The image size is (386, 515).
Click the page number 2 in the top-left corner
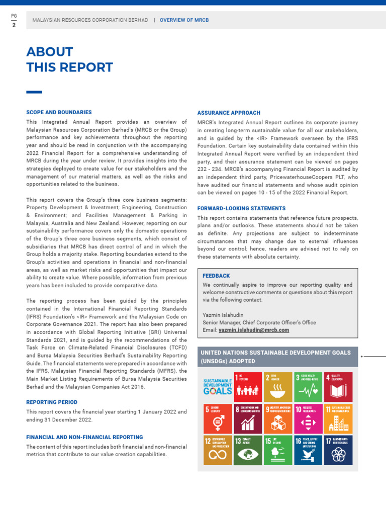click(14, 25)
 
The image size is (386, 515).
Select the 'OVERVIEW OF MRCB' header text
click(184, 20)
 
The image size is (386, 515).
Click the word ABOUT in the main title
click(50, 52)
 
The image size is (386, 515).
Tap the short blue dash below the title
click(34, 92)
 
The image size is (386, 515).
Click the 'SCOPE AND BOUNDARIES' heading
click(59, 113)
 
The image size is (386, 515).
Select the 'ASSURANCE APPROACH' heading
click(229, 113)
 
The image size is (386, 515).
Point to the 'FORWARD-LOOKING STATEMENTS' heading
click(241, 208)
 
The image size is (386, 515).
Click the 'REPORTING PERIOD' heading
click(52, 402)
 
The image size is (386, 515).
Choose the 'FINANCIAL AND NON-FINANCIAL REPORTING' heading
click(84, 438)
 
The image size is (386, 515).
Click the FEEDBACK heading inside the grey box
click(216, 276)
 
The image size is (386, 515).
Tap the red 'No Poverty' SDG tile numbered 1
click(248, 386)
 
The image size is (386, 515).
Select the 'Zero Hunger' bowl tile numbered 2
click(278, 386)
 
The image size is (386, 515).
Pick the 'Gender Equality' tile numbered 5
click(218, 418)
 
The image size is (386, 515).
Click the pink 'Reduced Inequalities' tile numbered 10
click(308, 418)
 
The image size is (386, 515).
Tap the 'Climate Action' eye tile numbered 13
click(248, 450)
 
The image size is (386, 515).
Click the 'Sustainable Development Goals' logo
click(218, 386)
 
